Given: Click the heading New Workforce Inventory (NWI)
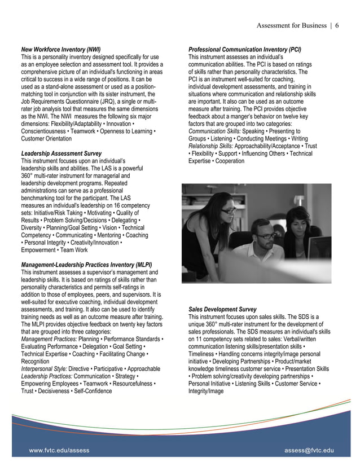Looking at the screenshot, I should pos(60,50).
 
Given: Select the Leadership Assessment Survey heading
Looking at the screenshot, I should pos(61,153).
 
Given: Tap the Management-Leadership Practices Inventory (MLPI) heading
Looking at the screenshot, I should pos(86,265).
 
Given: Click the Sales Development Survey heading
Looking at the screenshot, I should pos(222,309).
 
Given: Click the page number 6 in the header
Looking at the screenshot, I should pos(336,25).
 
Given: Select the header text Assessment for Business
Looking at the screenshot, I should pos(291,25).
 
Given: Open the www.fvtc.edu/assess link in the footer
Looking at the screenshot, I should pos(59,450).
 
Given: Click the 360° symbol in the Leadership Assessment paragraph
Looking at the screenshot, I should pos(29,175).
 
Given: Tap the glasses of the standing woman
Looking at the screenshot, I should pos(228,210).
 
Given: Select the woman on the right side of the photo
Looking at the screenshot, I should pos(297,231).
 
